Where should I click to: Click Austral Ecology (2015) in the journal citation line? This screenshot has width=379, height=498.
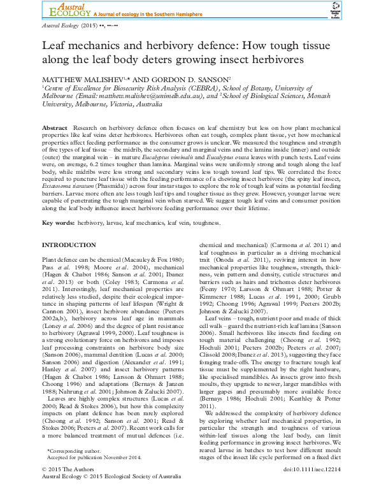(68, 27)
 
